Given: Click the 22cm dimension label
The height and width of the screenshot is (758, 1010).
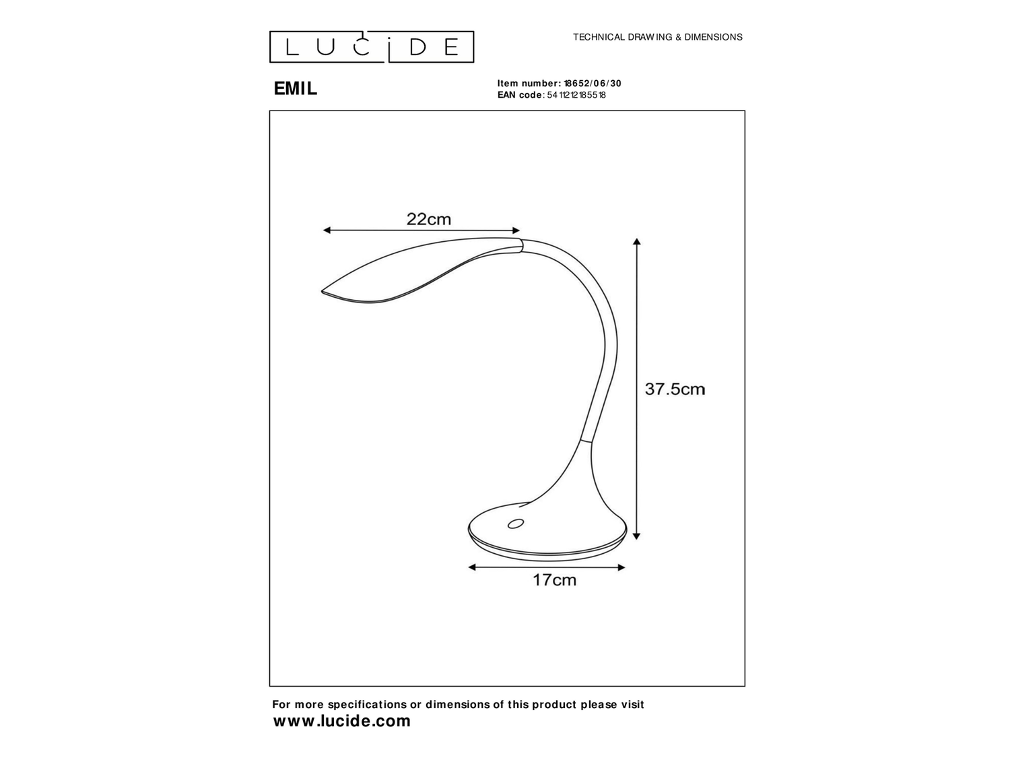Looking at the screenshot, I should tap(428, 219).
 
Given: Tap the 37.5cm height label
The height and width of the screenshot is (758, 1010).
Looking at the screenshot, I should tap(675, 389).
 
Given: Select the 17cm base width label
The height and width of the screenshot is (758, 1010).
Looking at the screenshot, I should tap(554, 580).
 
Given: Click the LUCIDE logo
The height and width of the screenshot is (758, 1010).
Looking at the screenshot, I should tap(372, 47).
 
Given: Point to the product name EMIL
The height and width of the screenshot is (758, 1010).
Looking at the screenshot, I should tap(295, 89).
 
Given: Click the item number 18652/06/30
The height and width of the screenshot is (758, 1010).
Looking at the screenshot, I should tap(593, 84).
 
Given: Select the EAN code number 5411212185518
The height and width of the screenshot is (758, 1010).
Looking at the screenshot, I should tap(576, 95).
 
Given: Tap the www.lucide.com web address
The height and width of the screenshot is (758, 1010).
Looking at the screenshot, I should tap(342, 722).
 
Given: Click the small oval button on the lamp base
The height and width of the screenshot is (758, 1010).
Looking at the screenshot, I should tap(517, 524).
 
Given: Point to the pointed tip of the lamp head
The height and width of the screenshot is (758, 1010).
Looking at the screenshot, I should tap(323, 292).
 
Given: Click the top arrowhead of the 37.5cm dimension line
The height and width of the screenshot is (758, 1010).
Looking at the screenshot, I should tap(637, 241).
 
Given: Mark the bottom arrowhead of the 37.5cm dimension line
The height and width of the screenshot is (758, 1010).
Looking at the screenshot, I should tap(637, 536).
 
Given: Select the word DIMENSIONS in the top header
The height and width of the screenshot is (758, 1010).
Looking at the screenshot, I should tap(713, 38).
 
